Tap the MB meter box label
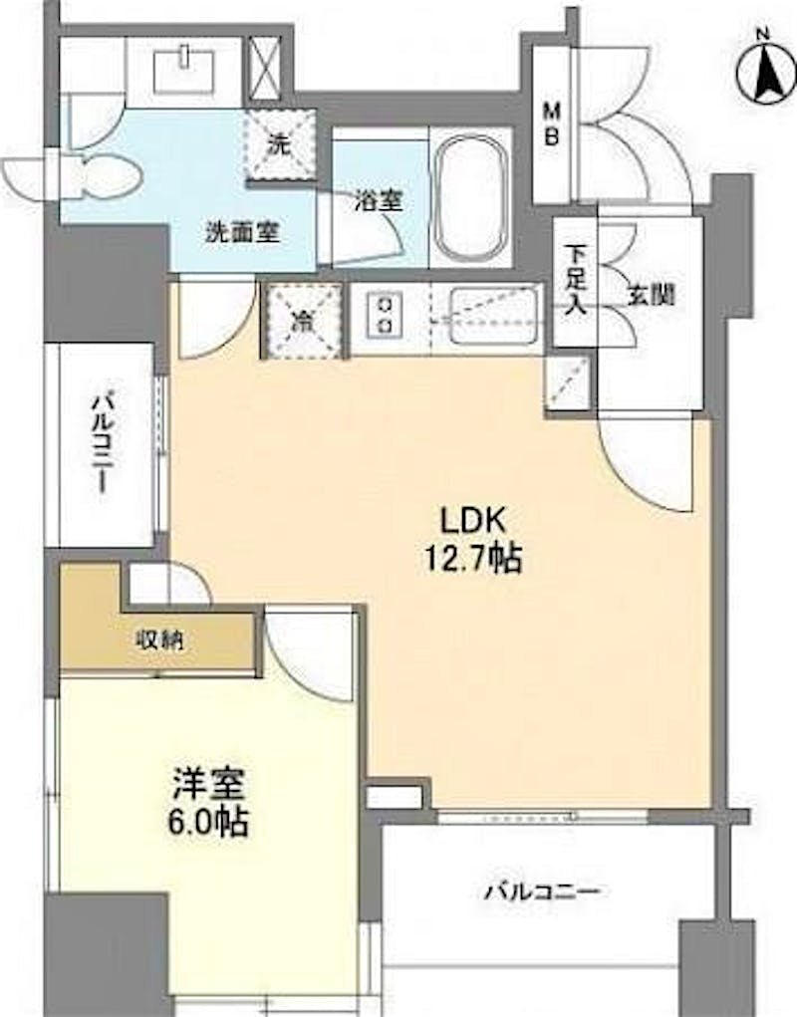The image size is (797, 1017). pos(552,125)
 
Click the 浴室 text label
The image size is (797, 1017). pos(379,201)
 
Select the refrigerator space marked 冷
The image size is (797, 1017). pos(301,321)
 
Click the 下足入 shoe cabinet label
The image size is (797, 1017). pos(575,280)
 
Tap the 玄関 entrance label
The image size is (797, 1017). pos(651,296)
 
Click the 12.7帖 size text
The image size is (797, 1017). pos(472,558)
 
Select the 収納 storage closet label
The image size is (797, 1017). pos(159,640)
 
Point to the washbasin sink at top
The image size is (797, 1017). pos(185,71)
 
